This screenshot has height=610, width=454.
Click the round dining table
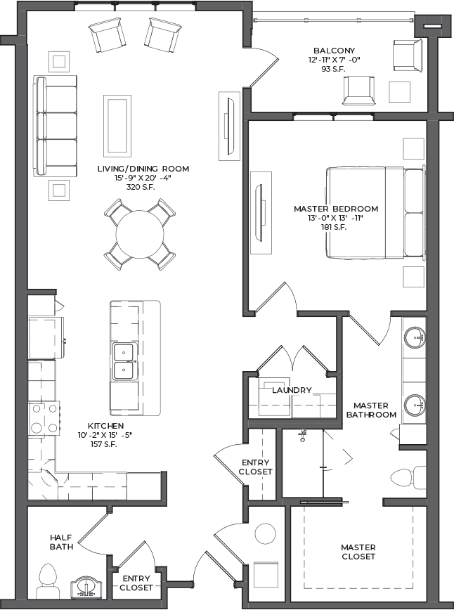pyautogui.click(x=140, y=234)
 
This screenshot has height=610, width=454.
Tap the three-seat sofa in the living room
pyautogui.click(x=56, y=126)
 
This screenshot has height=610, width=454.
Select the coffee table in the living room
pyautogui.click(x=117, y=126)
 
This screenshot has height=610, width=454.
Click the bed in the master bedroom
pyautogui.click(x=375, y=212)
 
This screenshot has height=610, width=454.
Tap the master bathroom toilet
pyautogui.click(x=408, y=477)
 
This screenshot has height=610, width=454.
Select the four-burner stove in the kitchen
pyautogui.click(x=44, y=419)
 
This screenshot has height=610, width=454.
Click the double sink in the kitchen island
pyautogui.click(x=124, y=361)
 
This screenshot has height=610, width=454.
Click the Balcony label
pyautogui.click(x=335, y=51)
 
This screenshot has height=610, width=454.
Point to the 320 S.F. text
pyautogui.click(x=141, y=187)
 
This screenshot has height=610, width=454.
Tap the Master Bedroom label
pyautogui.click(x=336, y=209)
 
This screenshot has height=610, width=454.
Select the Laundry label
pyautogui.click(x=292, y=390)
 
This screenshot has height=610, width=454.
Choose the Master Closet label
pyautogui.click(x=358, y=552)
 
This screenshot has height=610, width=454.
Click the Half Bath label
pyautogui.click(x=61, y=542)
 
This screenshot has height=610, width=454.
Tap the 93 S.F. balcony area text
pyautogui.click(x=333, y=70)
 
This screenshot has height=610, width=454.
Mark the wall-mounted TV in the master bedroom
pyautogui.click(x=260, y=213)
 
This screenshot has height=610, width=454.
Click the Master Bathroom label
pyautogui.click(x=371, y=410)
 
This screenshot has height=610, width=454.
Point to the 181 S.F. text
pyautogui.click(x=333, y=228)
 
